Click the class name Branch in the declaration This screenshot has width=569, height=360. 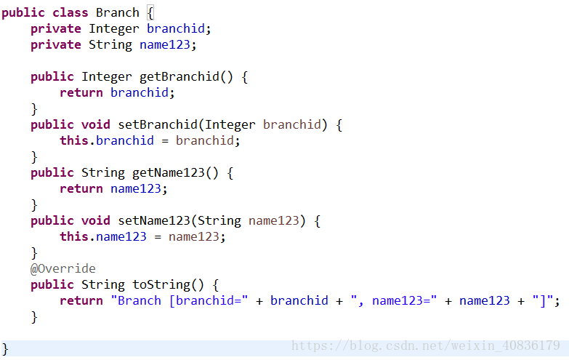118,12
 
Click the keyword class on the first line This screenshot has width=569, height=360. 70,12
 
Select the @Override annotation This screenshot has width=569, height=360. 62,268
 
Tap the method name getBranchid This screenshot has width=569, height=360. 179,77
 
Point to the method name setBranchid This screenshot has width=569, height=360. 158,124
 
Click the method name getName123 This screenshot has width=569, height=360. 169,173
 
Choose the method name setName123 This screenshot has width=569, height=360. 154,220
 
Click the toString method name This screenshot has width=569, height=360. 161,285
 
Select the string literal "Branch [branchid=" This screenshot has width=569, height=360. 179,301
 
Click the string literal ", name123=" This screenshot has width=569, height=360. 394,301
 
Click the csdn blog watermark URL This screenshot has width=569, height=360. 426,345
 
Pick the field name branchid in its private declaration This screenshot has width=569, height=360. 176,28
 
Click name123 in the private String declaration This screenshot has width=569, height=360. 165,44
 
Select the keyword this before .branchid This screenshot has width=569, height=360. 74,140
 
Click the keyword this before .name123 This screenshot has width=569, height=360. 74,236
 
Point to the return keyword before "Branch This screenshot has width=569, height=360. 81,301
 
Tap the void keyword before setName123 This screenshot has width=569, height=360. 96,220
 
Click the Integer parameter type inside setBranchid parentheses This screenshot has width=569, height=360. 230,124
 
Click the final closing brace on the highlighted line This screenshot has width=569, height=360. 5,350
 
